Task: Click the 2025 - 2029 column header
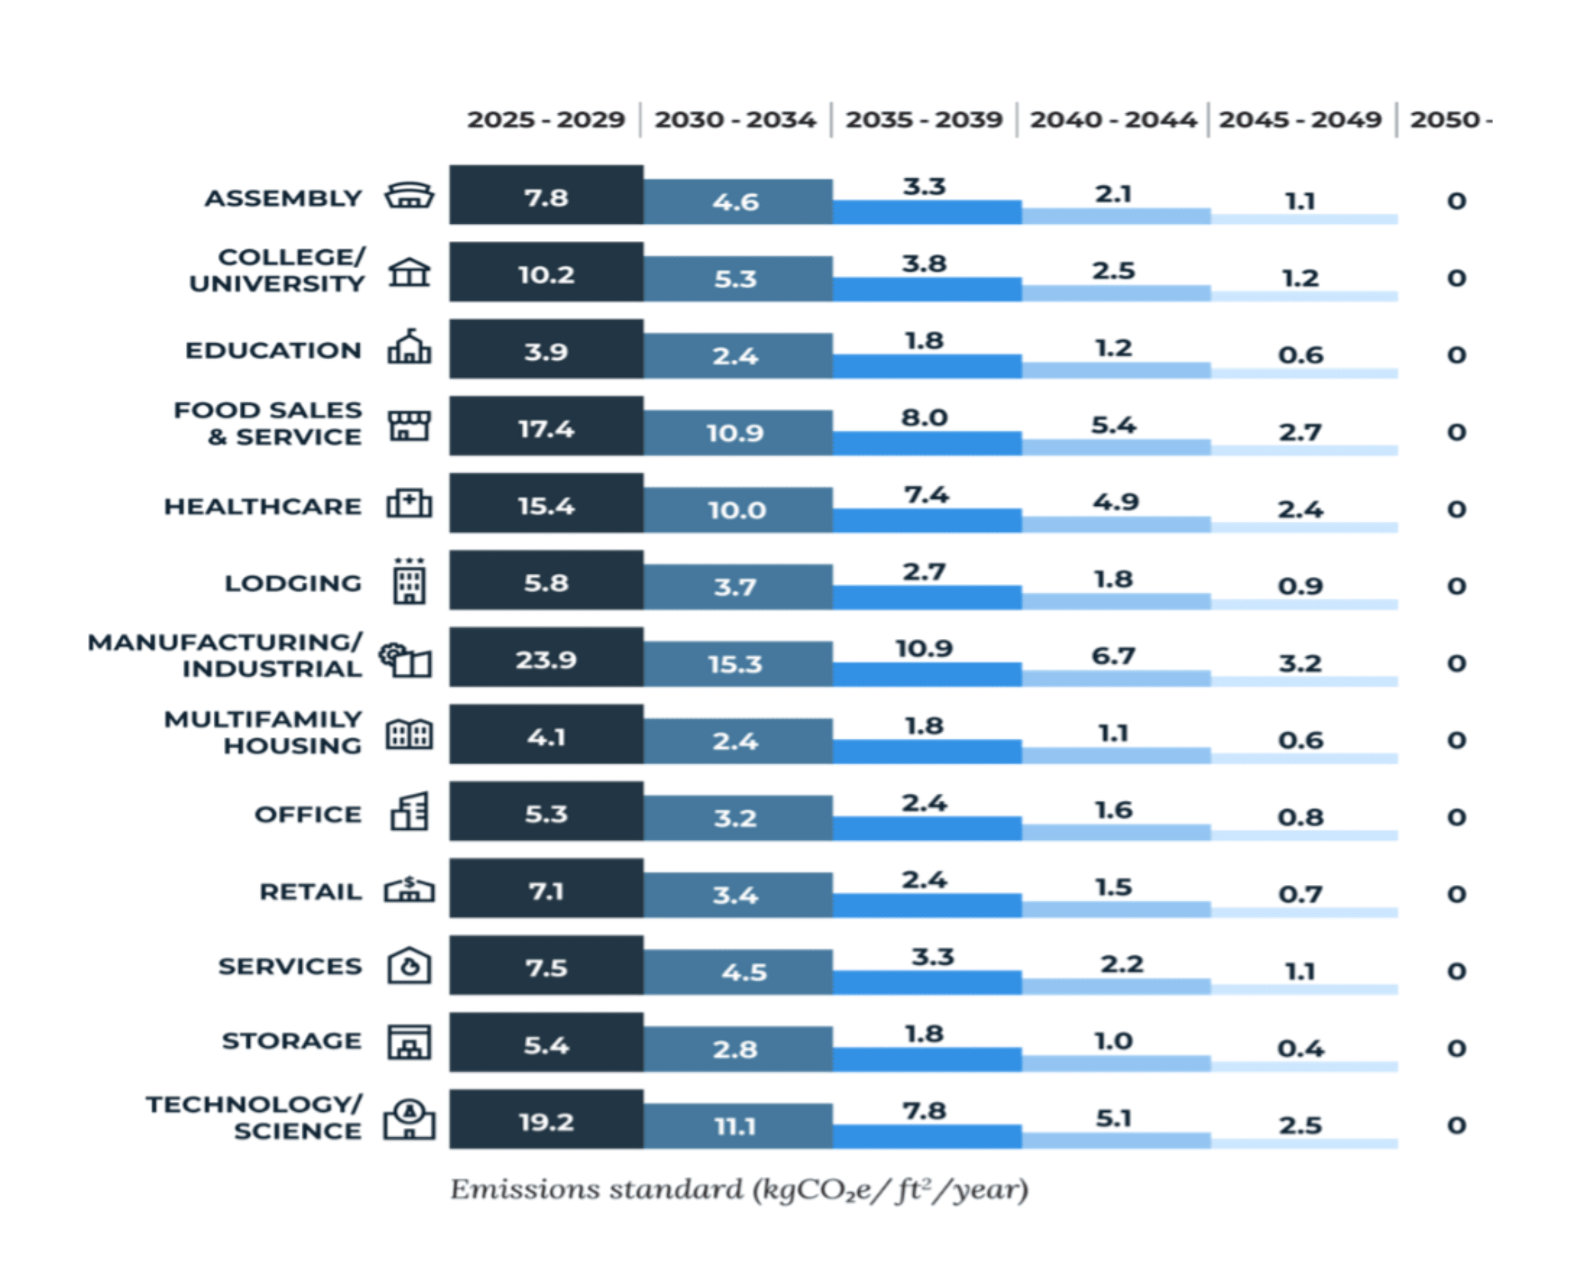point(546,120)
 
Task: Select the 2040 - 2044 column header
point(1112,120)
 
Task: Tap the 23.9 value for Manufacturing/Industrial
point(546,660)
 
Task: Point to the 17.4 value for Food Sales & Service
point(546,429)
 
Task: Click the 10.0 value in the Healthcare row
point(736,510)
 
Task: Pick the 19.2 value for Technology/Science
point(546,1122)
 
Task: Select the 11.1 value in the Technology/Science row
point(735,1126)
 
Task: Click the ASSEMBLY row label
point(283,198)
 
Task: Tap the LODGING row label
point(293,584)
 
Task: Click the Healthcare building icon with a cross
point(409,505)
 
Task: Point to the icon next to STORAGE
point(409,1042)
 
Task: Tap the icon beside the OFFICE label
point(409,811)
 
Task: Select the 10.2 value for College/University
point(546,275)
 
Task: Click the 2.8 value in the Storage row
point(735,1049)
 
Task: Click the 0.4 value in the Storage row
point(1300,1049)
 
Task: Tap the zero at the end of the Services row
point(1456,972)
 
